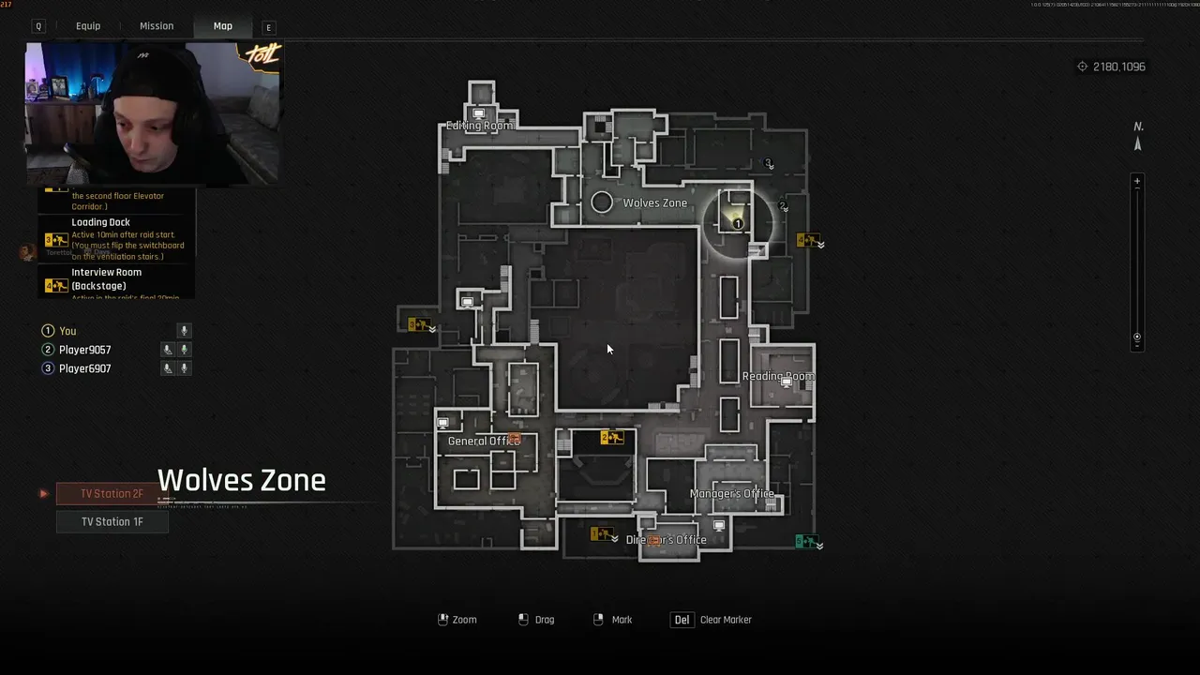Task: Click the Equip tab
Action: [88, 26]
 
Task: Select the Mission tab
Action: [157, 26]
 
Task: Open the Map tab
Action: [222, 26]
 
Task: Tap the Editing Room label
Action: [479, 126]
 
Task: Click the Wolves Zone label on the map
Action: [654, 202]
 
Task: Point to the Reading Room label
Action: [777, 376]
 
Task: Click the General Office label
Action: [483, 441]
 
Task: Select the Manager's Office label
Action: [731, 493]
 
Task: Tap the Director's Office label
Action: [666, 540]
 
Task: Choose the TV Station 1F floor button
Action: [112, 521]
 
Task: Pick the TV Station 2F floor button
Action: [112, 493]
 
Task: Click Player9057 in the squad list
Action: [84, 350]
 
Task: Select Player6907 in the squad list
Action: [84, 368]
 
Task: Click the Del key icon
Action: [682, 620]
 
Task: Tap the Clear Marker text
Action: [726, 620]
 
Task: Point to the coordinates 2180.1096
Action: [1118, 67]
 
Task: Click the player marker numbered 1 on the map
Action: [738, 224]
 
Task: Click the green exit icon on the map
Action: [804, 542]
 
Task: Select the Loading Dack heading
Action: [100, 222]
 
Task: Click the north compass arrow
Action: [1138, 143]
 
